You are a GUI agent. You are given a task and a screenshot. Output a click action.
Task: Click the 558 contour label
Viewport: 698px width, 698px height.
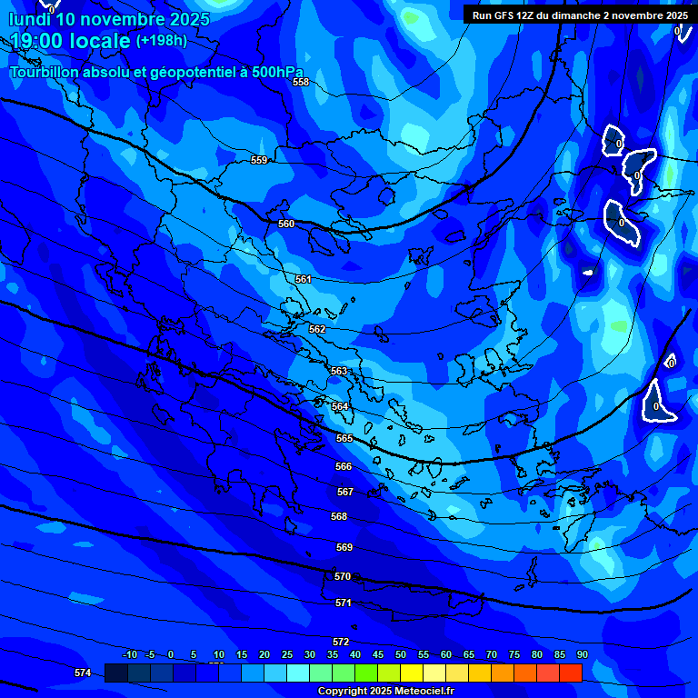pyautogui.click(x=301, y=82)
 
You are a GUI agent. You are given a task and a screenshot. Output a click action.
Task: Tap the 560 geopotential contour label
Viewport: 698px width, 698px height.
pyautogui.click(x=286, y=224)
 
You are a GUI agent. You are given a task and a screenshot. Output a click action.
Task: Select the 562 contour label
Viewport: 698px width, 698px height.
pyautogui.click(x=317, y=329)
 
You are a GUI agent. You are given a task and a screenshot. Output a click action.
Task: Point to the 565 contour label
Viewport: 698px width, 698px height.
pyautogui.click(x=344, y=438)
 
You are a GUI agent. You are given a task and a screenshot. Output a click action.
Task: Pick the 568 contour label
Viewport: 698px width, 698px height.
pyautogui.click(x=339, y=516)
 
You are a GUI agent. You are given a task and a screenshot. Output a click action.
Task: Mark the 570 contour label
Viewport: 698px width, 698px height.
pyautogui.click(x=343, y=576)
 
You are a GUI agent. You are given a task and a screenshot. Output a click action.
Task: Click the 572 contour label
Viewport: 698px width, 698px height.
pyautogui.click(x=341, y=642)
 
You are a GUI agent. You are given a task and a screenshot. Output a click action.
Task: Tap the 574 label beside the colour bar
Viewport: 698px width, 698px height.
pyautogui.click(x=83, y=673)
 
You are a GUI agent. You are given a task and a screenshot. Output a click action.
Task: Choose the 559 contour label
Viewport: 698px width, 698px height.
pyautogui.click(x=259, y=160)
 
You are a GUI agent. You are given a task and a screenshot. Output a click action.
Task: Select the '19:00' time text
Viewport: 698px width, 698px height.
pyautogui.click(x=36, y=41)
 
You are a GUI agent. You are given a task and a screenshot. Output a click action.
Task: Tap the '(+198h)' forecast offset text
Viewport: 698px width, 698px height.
pyautogui.click(x=161, y=41)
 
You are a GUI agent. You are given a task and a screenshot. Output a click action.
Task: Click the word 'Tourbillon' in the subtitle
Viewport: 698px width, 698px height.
pyautogui.click(x=45, y=73)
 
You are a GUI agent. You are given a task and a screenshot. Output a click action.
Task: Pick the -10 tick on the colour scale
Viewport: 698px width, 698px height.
pyautogui.click(x=129, y=654)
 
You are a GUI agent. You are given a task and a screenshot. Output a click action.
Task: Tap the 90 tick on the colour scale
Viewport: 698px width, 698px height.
pyautogui.click(x=583, y=654)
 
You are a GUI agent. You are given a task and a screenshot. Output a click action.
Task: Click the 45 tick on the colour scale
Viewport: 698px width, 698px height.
pyautogui.click(x=378, y=654)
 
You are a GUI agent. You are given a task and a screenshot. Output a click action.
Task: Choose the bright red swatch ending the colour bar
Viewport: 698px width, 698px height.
pyautogui.click(x=571, y=673)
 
